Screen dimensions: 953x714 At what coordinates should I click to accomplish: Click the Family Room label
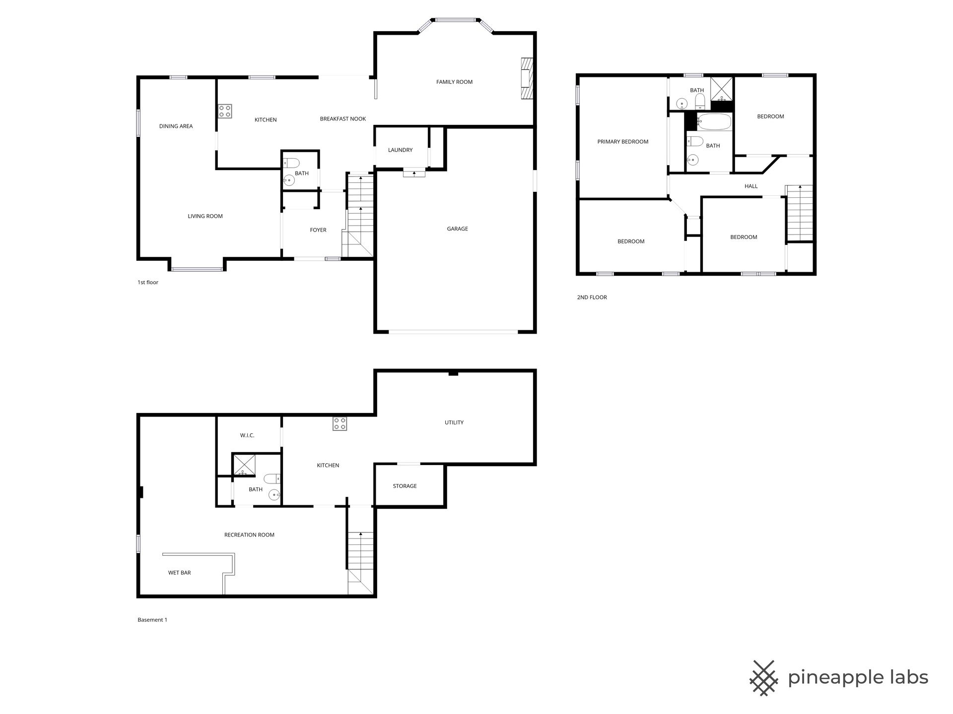click(x=454, y=82)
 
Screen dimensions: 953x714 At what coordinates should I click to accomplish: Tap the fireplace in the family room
click(x=527, y=79)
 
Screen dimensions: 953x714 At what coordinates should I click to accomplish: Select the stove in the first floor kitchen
click(x=225, y=111)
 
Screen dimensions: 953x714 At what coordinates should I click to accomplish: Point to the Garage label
click(x=457, y=229)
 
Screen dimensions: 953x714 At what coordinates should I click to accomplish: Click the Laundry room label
click(x=400, y=150)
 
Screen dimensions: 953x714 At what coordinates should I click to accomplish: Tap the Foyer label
click(x=318, y=230)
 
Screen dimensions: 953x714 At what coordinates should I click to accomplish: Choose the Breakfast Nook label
click(x=343, y=119)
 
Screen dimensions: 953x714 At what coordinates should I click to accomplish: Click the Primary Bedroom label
click(x=623, y=141)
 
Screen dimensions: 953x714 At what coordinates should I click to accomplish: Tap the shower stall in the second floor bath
click(x=722, y=89)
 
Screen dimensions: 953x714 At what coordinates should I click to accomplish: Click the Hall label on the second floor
click(x=751, y=186)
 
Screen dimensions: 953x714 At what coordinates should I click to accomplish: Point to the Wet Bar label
click(x=180, y=573)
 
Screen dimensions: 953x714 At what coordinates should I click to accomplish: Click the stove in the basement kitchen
click(x=340, y=424)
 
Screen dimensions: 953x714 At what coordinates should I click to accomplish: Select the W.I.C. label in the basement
click(x=247, y=435)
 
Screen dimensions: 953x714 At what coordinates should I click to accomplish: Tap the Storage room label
click(x=405, y=486)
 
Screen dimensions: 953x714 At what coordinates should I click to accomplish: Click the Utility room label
click(x=454, y=422)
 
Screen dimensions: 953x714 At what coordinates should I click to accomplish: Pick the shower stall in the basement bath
click(x=244, y=465)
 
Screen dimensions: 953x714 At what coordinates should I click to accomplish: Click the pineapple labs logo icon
click(x=764, y=677)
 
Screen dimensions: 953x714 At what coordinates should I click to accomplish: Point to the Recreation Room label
click(x=249, y=535)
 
